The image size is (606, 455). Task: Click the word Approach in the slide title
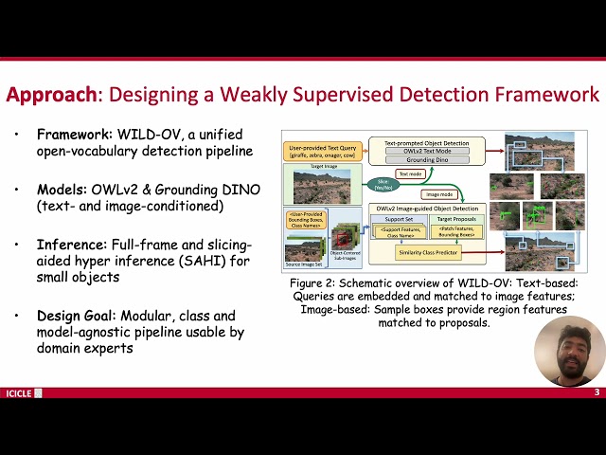pos(50,95)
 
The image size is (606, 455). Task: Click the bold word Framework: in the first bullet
pos(75,134)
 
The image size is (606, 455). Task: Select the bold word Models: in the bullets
pos(63,190)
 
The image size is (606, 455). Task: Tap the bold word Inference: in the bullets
pos(72,245)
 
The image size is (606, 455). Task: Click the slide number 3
pos(597,392)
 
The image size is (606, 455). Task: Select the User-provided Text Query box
pos(322,152)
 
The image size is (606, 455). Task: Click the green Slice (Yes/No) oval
pos(383,182)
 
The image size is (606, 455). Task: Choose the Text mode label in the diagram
pos(410,173)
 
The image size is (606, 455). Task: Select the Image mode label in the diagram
pos(439,194)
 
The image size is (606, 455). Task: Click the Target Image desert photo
pos(322,188)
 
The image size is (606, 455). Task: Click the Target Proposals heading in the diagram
pos(456,219)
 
